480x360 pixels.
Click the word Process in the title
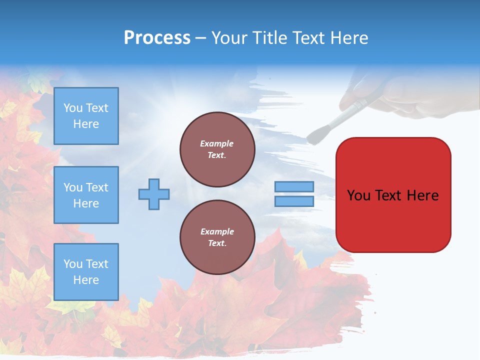157,38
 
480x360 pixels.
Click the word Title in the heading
268,38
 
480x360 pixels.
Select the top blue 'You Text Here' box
86,116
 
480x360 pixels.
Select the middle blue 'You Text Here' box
86,195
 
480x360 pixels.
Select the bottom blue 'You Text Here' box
86,271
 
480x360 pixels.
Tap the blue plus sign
154,194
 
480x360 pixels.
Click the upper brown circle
217,149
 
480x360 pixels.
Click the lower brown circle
217,237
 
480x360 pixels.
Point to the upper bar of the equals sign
294,187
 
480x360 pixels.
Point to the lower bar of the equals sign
294,201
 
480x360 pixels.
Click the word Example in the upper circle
216,143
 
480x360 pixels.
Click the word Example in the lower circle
216,231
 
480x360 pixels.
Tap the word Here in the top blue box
86,124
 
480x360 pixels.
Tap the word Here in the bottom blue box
86,280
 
